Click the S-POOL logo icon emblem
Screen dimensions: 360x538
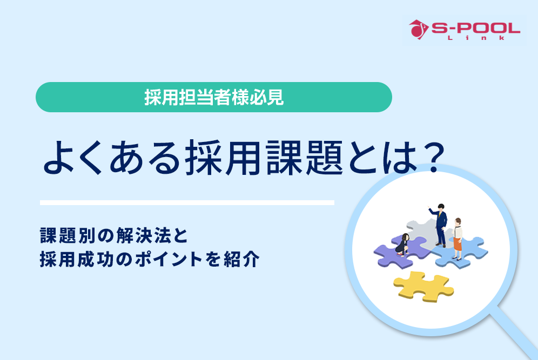417,29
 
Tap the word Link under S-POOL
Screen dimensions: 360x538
475,38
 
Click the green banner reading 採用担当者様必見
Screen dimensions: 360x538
213,97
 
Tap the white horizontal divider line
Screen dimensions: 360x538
187,203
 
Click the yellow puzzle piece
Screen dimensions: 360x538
422,287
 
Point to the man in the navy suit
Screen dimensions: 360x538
441,226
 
